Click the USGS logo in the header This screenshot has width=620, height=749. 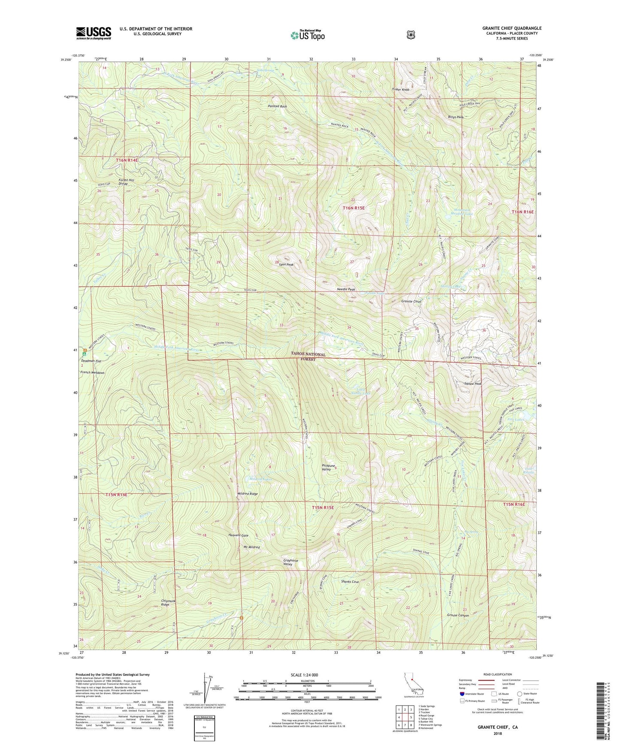tap(94, 33)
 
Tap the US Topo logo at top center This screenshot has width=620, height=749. tap(307, 35)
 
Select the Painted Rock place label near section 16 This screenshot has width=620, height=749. tap(277, 106)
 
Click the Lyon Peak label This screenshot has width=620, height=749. tap(286, 265)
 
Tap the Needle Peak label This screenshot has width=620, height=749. tap(346, 289)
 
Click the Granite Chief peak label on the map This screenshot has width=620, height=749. tap(411, 302)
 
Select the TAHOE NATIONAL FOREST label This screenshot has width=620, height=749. tap(308, 356)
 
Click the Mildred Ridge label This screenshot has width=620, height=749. tap(248, 494)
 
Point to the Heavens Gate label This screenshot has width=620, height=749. tap(238, 535)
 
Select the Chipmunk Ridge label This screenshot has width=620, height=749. tap(168, 603)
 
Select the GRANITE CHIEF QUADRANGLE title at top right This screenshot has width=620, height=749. tap(511, 28)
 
